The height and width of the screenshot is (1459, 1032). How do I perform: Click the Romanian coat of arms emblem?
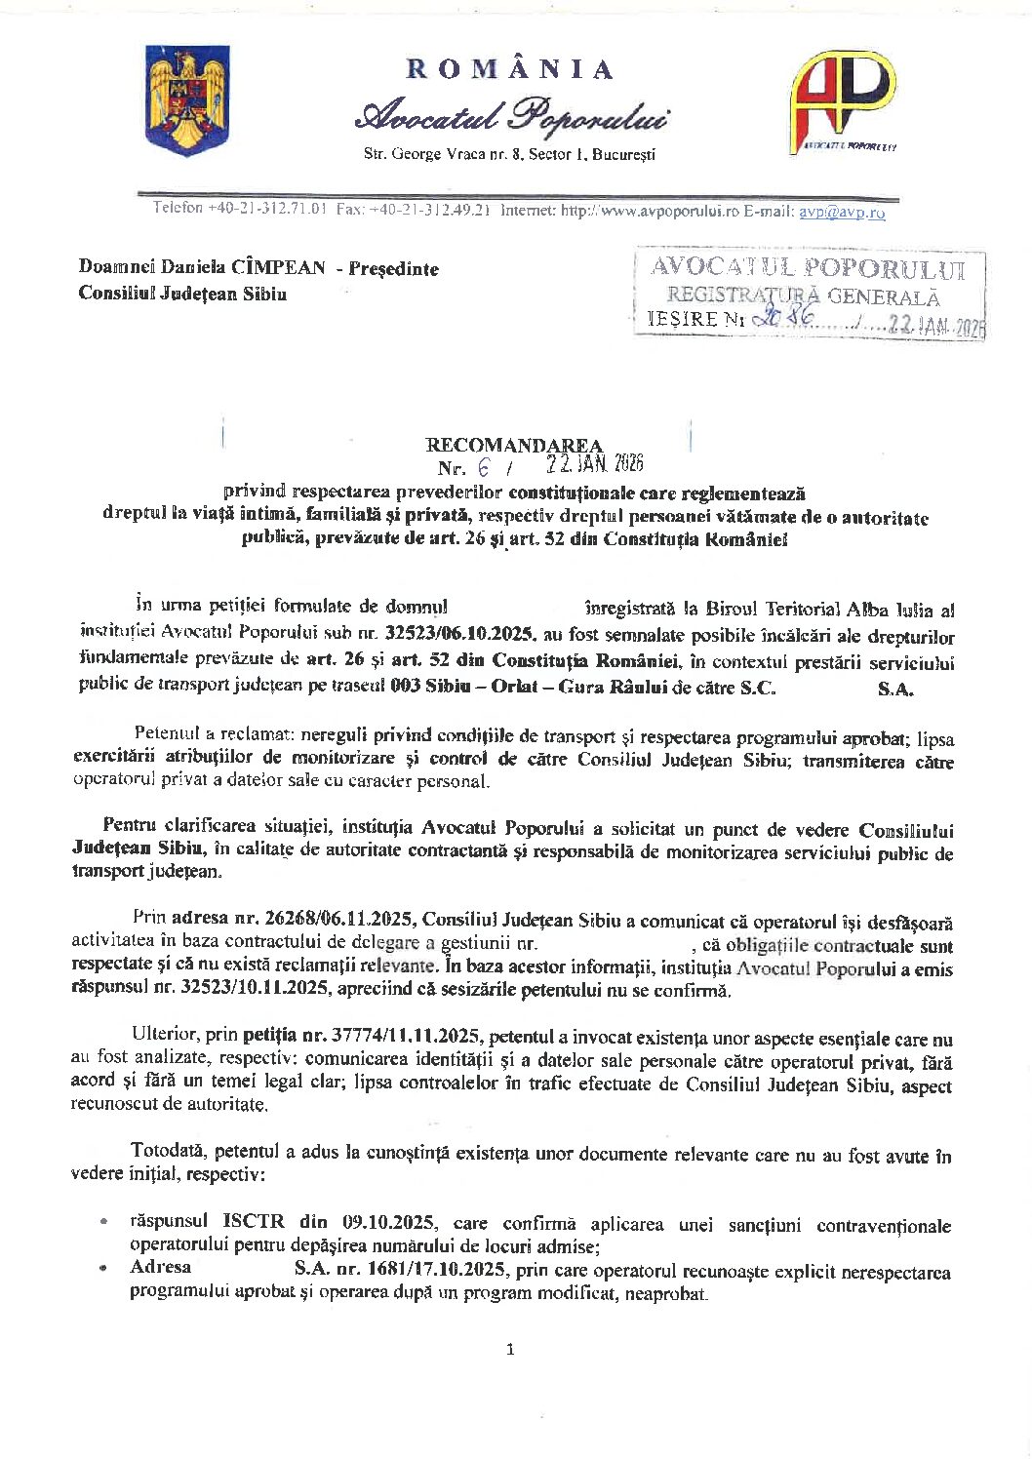[x=186, y=100]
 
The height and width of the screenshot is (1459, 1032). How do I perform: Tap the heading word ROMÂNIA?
[x=510, y=69]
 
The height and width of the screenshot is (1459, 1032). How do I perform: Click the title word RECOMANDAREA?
[x=514, y=446]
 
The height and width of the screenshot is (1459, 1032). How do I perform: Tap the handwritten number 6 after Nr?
[x=483, y=466]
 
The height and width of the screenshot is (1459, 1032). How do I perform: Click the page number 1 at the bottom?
[x=510, y=1350]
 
